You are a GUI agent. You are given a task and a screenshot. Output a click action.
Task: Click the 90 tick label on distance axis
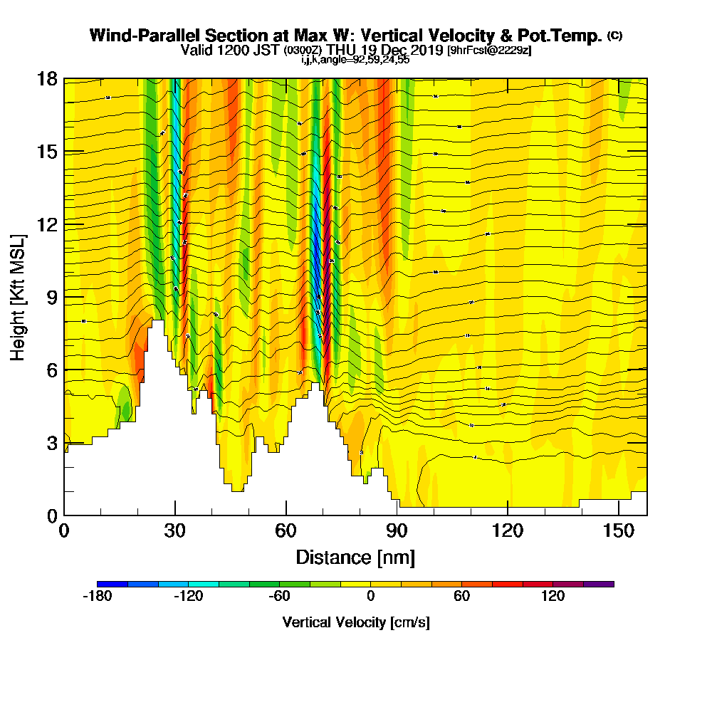pos(397,530)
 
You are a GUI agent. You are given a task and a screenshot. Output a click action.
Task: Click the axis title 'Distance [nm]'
pos(355,556)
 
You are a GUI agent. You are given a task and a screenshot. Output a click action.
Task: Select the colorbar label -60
pos(278,596)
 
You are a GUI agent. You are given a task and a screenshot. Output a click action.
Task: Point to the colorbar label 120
pos(553,596)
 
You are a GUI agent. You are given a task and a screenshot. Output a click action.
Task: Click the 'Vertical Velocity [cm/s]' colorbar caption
pos(355,622)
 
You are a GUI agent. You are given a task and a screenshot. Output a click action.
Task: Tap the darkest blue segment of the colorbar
pos(112,584)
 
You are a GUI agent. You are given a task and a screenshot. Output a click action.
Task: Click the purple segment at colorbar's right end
pos(598,584)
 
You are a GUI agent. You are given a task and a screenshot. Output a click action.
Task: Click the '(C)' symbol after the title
pos(614,34)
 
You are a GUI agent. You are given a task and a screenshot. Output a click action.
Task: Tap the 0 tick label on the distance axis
pos(64,530)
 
